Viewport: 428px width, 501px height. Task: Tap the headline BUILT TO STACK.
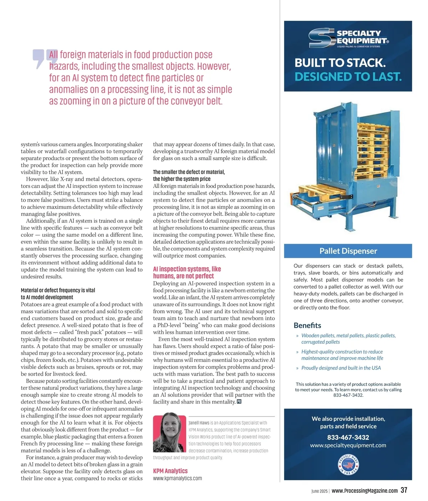pyautogui.click(x=340, y=63)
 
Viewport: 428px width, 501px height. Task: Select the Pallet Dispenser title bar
pyautogui.click(x=348, y=251)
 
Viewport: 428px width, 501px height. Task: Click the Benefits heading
pyautogui.click(x=307, y=325)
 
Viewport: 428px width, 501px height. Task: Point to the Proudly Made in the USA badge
pyautogui.click(x=348, y=465)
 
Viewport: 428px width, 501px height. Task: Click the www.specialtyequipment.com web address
pyautogui.click(x=348, y=445)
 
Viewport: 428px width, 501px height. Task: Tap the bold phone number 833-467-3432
pyautogui.click(x=348, y=437)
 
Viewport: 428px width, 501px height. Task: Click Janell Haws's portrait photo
pyautogui.click(x=170, y=432)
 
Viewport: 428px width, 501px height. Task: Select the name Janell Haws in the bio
pyautogui.click(x=199, y=423)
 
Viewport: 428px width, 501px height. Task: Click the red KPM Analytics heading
pyautogui.click(x=170, y=471)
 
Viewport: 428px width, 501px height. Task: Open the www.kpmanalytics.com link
pyautogui.click(x=177, y=479)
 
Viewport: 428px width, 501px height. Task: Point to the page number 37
pyautogui.click(x=403, y=490)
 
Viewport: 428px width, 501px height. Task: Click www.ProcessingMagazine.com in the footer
pyautogui.click(x=364, y=491)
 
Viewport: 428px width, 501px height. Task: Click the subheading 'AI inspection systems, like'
pyautogui.click(x=187, y=269)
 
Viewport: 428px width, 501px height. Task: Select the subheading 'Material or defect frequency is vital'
pyautogui.click(x=58, y=290)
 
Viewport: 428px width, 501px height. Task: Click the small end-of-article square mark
pyautogui.click(x=239, y=402)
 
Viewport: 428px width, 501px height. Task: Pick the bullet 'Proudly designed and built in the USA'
pyautogui.click(x=341, y=368)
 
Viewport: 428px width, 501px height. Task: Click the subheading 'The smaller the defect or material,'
pyautogui.click(x=189, y=172)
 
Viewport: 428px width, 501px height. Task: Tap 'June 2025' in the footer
pyautogui.click(x=319, y=491)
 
